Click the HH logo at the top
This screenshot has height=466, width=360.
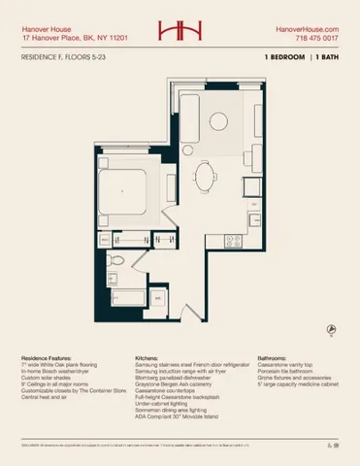pos(180,32)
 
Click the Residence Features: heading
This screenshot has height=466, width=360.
pos(47,357)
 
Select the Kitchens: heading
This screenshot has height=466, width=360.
pos(147,357)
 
